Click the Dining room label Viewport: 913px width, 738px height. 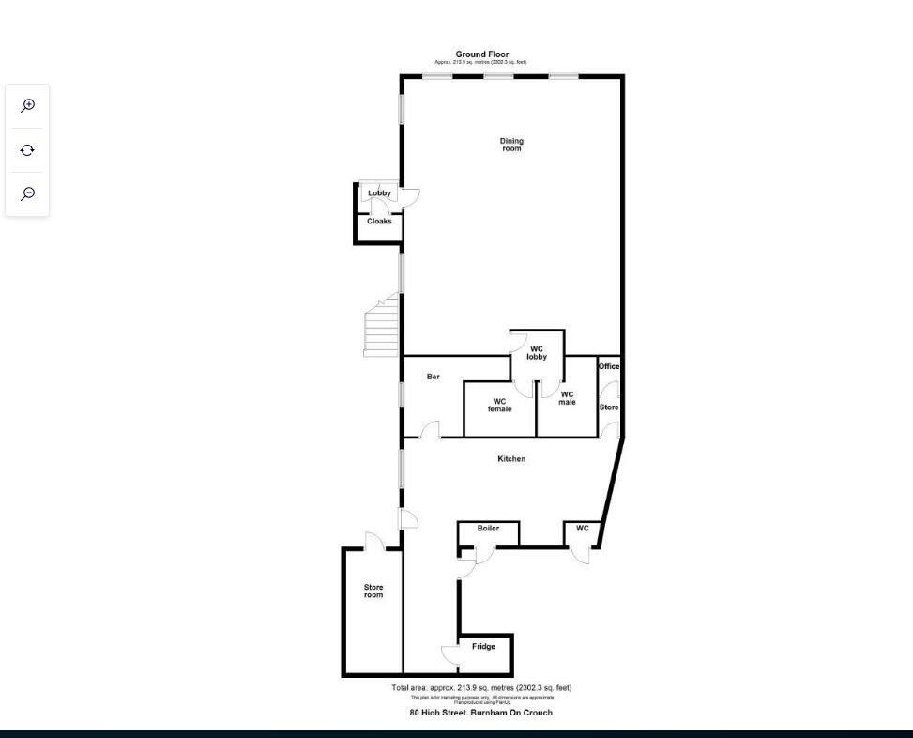tap(511, 145)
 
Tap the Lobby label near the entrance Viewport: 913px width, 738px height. tap(379, 193)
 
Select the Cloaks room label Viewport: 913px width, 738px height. tap(379, 222)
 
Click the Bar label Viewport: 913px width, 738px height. tap(434, 377)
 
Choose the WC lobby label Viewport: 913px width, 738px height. tap(537, 353)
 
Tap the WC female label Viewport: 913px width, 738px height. tap(499, 406)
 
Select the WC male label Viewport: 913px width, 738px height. tap(567, 398)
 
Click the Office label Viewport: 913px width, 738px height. tap(609, 366)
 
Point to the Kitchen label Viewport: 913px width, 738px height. tap(511, 459)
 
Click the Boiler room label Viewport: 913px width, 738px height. tap(488, 529)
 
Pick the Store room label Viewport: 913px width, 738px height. tap(373, 592)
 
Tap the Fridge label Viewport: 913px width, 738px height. tap(483, 647)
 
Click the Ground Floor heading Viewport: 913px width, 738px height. tap(481, 54)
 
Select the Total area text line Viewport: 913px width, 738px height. tap(481, 688)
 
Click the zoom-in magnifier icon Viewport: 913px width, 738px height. tap(28, 105)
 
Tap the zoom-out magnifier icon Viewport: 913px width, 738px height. tap(28, 193)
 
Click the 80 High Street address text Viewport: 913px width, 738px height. tap(481, 712)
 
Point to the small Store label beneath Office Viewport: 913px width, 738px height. tap(609, 407)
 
